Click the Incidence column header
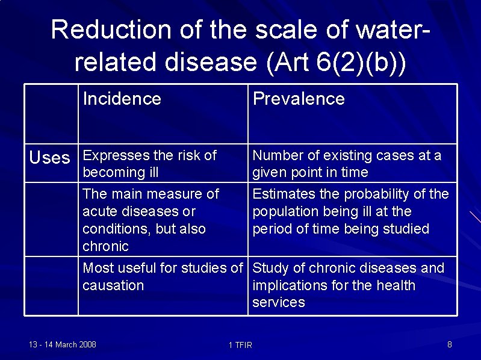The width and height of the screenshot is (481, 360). coord(122,99)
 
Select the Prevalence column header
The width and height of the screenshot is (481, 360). coord(299,99)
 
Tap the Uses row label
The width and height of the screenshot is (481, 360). coord(50,158)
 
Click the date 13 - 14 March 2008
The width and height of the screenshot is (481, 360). coord(63,344)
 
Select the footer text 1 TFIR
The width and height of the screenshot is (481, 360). coord(241,345)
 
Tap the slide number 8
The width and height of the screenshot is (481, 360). coord(450,344)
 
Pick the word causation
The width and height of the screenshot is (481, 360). coord(113,285)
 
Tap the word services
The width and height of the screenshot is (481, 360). coord(279,302)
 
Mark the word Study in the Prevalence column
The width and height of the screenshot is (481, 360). coord(270,268)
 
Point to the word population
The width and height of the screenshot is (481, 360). coord(287,211)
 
